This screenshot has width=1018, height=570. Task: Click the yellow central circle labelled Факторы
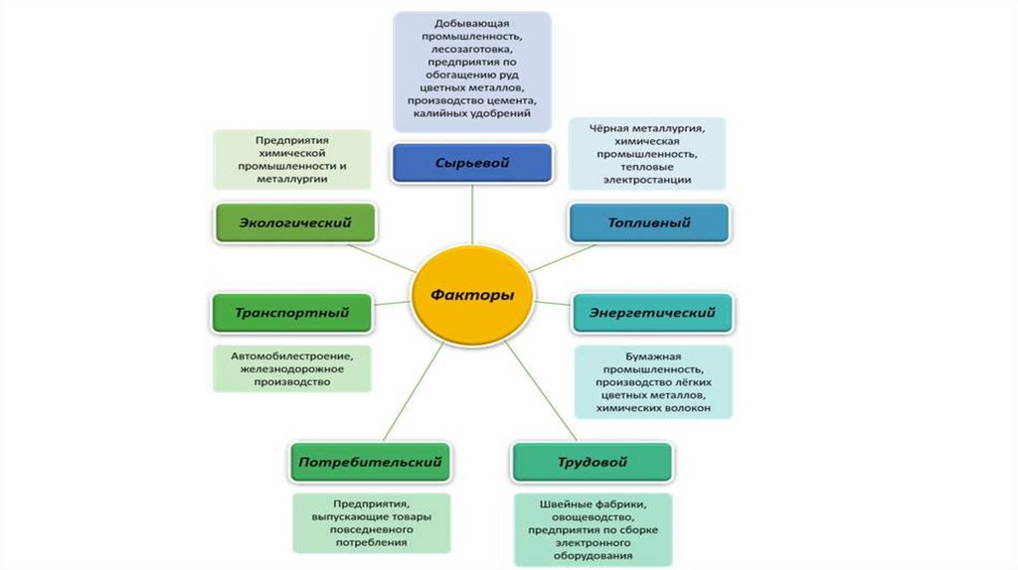point(471,295)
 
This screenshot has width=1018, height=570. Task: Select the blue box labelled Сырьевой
point(471,163)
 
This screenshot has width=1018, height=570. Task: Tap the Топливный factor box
point(648,222)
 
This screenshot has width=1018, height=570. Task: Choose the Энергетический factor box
point(652,313)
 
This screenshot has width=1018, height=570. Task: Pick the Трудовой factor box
point(592,462)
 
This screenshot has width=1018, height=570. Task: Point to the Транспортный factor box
point(292,313)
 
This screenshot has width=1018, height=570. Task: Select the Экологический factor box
point(295,222)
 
